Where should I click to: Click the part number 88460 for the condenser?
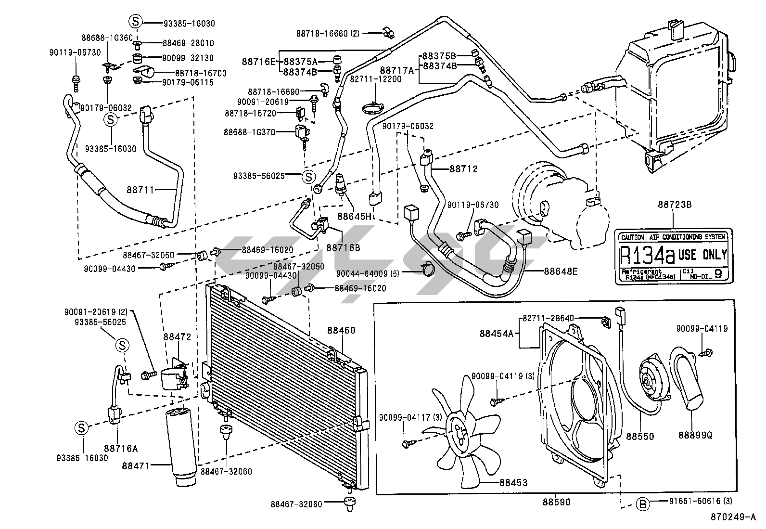coord(341,330)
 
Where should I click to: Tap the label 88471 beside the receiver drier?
coord(136,465)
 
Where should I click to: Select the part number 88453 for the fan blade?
coord(513,482)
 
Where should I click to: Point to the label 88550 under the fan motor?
coord(640,436)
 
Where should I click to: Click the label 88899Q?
coord(696,435)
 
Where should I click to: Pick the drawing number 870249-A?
coord(733,517)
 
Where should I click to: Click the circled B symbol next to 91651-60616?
coord(642,504)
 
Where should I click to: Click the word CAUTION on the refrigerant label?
coord(633,237)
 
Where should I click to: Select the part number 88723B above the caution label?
coord(675,204)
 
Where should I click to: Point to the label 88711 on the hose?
coord(140,190)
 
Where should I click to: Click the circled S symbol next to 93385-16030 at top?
coord(135,22)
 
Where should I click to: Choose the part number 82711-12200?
coord(375,78)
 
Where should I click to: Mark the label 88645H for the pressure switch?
coord(354,216)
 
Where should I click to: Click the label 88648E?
coord(561,271)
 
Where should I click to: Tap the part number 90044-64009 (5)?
coord(368,273)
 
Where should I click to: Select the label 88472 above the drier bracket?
coord(177,336)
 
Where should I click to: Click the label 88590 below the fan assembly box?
coord(557,502)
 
